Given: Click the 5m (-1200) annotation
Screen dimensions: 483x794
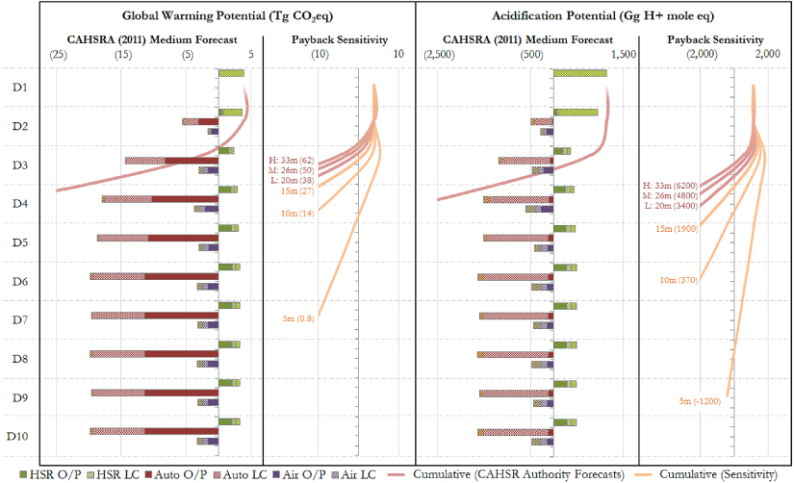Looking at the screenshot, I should [700, 400].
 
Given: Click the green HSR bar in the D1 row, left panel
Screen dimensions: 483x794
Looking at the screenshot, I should [231, 73].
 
